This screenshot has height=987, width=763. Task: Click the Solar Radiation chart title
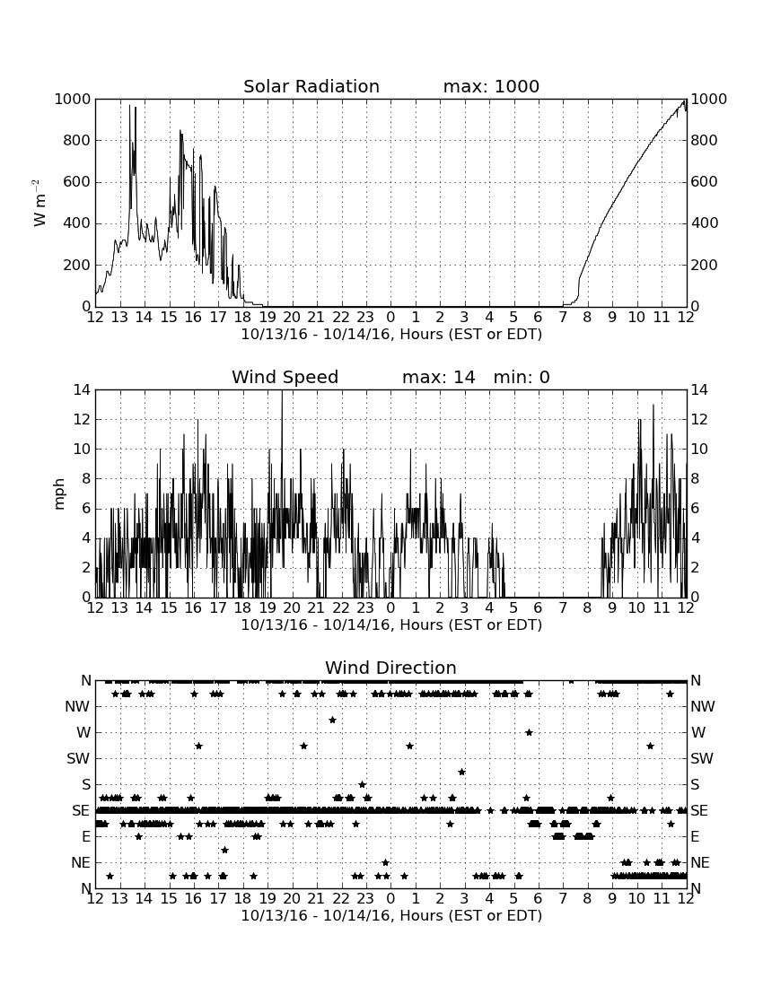coord(311,86)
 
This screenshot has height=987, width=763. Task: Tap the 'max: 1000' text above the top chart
coord(491,86)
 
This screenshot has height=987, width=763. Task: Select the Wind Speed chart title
coord(285,377)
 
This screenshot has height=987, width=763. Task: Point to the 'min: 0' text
coord(522,377)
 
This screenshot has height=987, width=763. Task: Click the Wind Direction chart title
coord(390,668)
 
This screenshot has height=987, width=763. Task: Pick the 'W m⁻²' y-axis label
coord(39,203)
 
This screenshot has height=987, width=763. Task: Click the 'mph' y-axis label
coord(59,494)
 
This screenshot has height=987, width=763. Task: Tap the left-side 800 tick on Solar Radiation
coord(76,140)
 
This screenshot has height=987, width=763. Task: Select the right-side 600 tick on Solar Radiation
coord(704,182)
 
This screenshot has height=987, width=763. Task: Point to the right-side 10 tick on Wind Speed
coord(699,450)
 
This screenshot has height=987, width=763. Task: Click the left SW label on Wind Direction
coord(78,758)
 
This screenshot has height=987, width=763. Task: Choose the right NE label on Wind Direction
coord(700,862)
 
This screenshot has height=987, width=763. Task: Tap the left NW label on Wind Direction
coord(77,707)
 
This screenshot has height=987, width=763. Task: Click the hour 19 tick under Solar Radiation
coord(267,318)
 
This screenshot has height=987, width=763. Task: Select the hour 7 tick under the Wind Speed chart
coord(563,608)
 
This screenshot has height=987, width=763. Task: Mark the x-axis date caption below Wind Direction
coord(391,915)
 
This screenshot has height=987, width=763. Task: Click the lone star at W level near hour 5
coord(529,732)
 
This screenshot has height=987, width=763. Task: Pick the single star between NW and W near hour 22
coord(332,720)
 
